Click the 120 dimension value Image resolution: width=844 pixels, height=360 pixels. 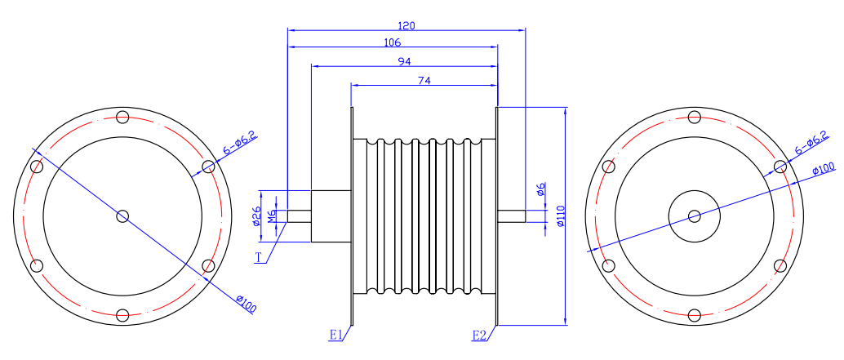tap(406, 25)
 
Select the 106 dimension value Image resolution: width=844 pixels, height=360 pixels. tap(392, 42)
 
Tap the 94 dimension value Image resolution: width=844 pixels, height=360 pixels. tap(404, 62)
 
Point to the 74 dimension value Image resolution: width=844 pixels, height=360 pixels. tap(424, 80)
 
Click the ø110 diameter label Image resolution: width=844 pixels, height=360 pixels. tap(561, 216)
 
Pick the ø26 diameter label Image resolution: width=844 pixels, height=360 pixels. tap(256, 216)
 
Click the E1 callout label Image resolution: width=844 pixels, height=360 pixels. tap(335, 335)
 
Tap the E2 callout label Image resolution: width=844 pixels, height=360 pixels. tap(479, 335)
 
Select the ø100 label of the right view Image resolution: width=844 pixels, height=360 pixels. tap(824, 169)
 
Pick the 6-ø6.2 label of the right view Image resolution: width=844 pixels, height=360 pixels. tap(811, 144)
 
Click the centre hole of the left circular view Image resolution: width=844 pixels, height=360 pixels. tap(122, 216)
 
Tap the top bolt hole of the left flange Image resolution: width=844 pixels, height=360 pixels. tap(122, 117)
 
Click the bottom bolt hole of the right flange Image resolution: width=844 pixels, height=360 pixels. tap(694, 315)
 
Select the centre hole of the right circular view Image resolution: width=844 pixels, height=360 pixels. tap(694, 216)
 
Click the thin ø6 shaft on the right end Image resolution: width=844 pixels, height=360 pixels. tap(511, 216)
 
